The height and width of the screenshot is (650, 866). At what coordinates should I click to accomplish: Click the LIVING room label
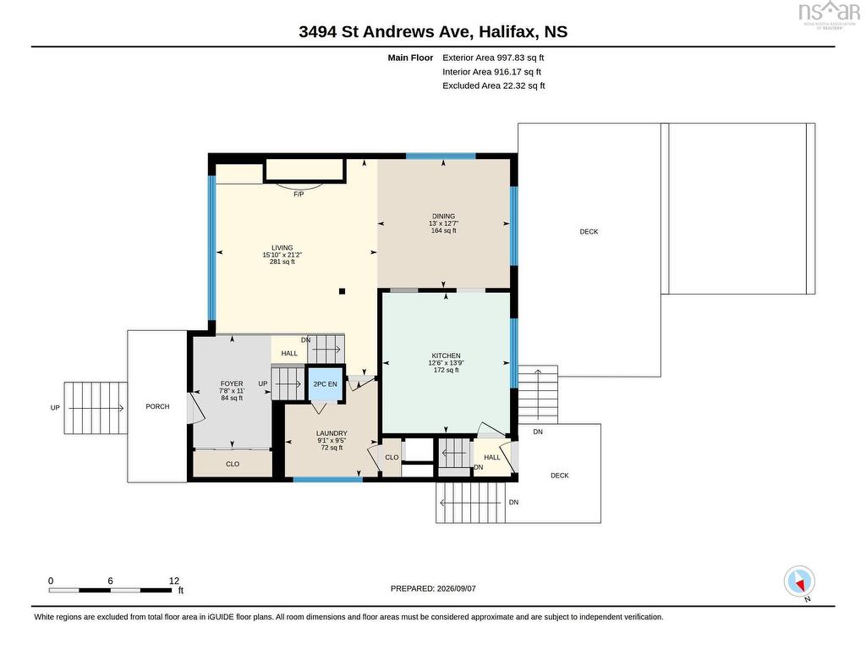coord(282,248)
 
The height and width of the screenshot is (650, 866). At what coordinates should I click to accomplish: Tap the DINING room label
coord(443,216)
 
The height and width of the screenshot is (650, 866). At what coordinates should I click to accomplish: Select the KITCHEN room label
coord(447,356)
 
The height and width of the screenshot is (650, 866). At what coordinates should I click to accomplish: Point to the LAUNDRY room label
coord(332,433)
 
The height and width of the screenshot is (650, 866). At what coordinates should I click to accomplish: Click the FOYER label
coord(232,383)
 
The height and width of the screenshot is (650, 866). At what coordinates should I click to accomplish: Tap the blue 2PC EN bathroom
coord(325,384)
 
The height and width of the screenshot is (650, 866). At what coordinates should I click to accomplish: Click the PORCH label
coord(157,406)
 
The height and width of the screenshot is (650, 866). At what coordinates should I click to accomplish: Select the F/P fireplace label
coord(299,194)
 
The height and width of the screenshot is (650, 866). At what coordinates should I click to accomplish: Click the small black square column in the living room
coord(343,291)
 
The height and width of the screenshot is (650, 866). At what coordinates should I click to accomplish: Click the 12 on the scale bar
coord(174,581)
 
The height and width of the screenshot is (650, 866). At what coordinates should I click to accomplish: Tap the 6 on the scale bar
coord(111,581)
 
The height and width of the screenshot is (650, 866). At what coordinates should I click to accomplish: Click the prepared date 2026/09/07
coord(456,589)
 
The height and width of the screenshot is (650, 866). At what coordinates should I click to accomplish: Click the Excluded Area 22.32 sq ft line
coord(494,85)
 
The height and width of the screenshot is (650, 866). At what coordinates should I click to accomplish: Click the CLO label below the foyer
coord(233,464)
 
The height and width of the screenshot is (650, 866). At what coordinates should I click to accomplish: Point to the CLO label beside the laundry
coord(392,457)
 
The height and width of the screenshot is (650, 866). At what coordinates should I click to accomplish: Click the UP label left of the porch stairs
coord(55,408)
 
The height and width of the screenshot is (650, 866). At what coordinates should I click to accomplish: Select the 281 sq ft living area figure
coord(282,262)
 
